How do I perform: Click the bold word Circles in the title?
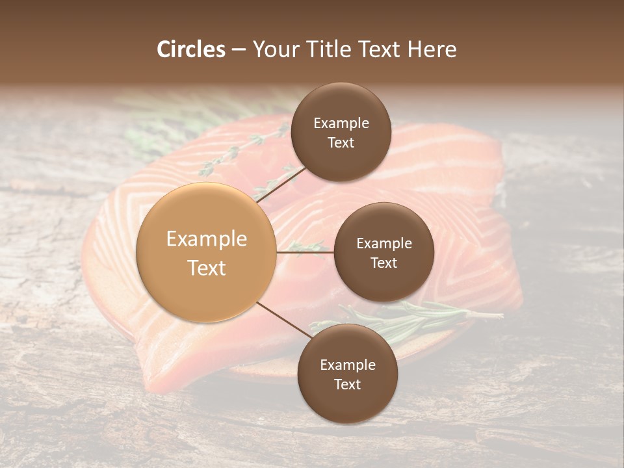[190, 49]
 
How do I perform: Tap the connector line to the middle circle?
[305, 252]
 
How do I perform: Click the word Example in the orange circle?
[206, 239]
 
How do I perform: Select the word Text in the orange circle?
[206, 268]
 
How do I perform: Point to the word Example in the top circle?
[341, 123]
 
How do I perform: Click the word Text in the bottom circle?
[347, 384]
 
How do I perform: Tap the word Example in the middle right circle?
[383, 244]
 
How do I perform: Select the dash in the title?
[238, 49]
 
